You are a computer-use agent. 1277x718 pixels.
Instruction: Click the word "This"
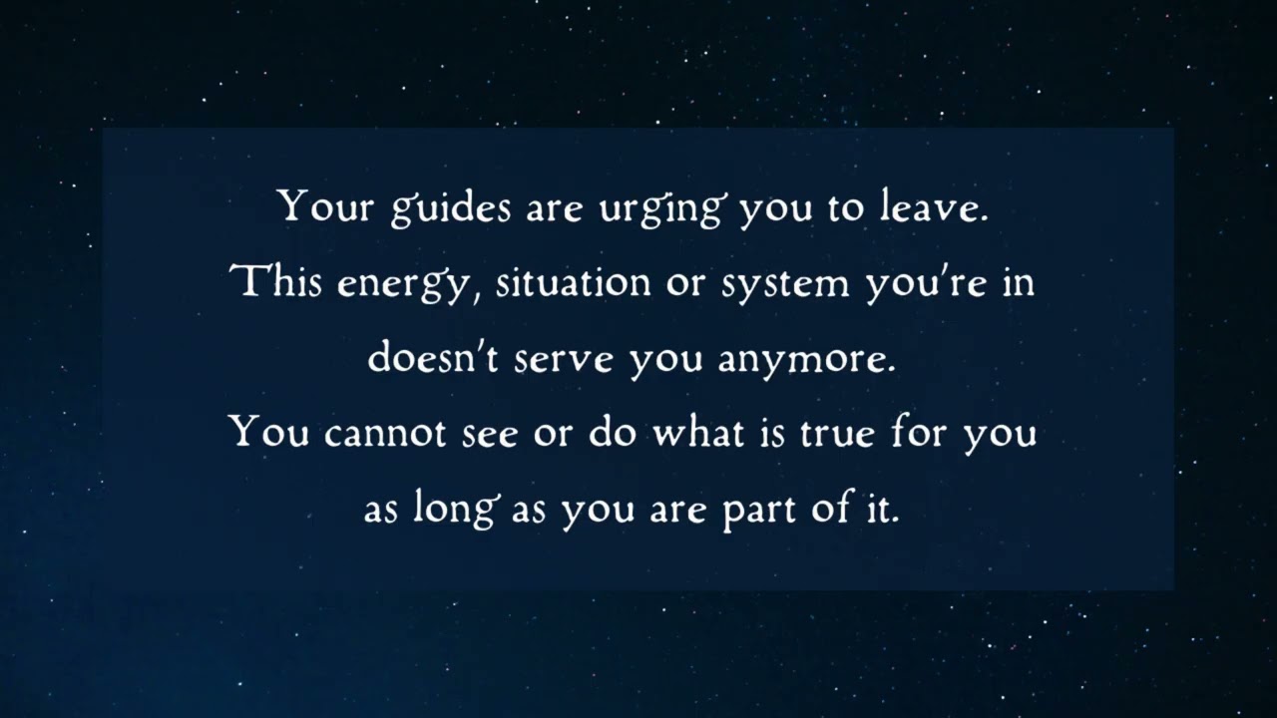click(278, 283)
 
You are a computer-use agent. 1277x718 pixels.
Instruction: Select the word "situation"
click(574, 283)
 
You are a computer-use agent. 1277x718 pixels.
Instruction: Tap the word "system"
click(786, 285)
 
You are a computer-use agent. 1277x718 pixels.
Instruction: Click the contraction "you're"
click(924, 283)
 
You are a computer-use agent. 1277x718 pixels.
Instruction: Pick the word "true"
click(834, 434)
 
